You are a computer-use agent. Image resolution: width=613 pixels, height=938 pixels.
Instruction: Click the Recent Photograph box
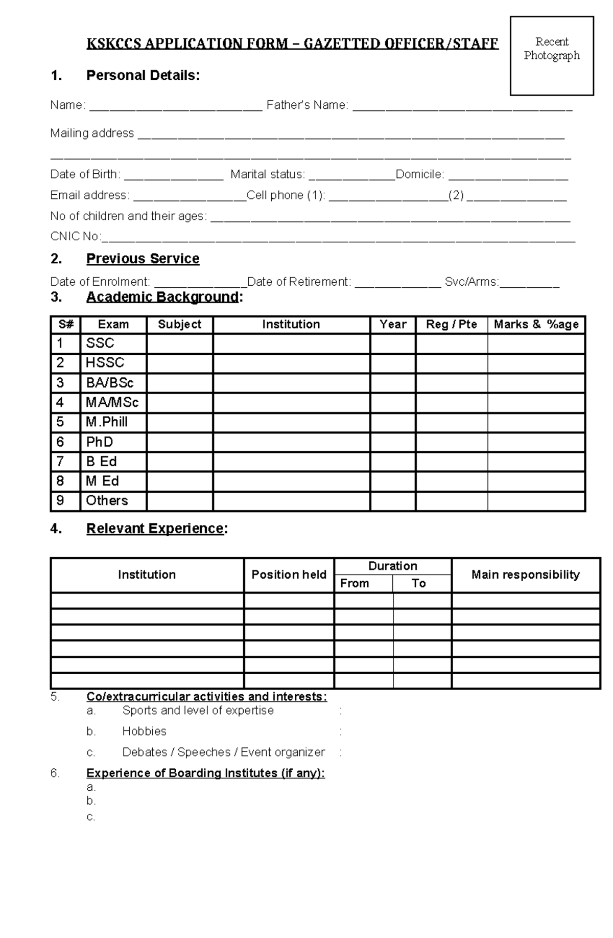[552, 56]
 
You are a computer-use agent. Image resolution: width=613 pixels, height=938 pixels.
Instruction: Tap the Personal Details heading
[143, 76]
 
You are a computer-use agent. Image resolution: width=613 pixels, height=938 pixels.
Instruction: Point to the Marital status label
[268, 174]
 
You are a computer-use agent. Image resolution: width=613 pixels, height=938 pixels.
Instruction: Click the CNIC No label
[75, 236]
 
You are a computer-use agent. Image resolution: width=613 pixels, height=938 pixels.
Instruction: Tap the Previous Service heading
[143, 259]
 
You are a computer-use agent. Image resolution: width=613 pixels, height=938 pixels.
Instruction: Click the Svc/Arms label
[471, 282]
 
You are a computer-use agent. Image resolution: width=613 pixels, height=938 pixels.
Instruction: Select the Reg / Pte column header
[451, 325]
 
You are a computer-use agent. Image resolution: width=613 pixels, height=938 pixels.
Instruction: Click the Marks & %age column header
[536, 325]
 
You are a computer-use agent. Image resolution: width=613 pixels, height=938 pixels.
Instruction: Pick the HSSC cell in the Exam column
[105, 363]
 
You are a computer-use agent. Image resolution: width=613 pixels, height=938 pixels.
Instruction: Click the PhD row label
[100, 442]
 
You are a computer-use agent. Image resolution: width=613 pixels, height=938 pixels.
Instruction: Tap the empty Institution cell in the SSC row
[291, 344]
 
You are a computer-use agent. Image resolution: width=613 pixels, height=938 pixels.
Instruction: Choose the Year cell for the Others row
[392, 501]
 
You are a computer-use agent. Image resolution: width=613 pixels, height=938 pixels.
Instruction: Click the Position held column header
[289, 575]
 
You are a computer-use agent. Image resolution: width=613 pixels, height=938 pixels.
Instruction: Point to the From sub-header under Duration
[355, 583]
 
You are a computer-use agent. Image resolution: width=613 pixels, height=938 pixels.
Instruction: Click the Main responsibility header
[525, 575]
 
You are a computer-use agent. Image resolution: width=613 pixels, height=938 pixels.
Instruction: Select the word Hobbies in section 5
[144, 731]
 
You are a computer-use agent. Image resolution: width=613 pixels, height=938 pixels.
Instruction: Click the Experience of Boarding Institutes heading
[205, 773]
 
